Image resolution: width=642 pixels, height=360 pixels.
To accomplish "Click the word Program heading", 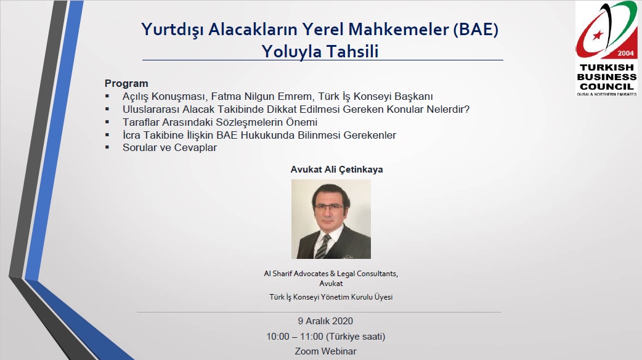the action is point(126,84).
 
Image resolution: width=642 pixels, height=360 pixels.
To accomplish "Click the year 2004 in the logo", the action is point(625,53).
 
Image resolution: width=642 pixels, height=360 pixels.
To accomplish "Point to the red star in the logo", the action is point(598,35).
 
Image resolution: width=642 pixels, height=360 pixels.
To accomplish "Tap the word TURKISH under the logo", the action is point(606,68).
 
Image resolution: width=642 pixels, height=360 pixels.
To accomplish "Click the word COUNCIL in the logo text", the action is point(606,87).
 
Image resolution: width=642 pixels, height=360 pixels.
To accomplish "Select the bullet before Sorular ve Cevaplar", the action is point(107,147).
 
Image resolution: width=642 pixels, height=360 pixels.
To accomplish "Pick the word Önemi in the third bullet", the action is point(303,122).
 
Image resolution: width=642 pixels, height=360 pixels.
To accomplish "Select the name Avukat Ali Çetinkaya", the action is point(336,170).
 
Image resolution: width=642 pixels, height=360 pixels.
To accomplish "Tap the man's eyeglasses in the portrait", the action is point(329,207).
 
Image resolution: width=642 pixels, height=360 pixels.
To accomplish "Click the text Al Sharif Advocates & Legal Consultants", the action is point(331,274).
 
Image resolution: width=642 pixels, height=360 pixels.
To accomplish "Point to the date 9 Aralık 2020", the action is point(325,321).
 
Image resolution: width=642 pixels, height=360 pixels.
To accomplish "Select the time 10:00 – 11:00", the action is point(295,337).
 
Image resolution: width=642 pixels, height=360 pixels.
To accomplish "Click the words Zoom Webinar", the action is point(325,351).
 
